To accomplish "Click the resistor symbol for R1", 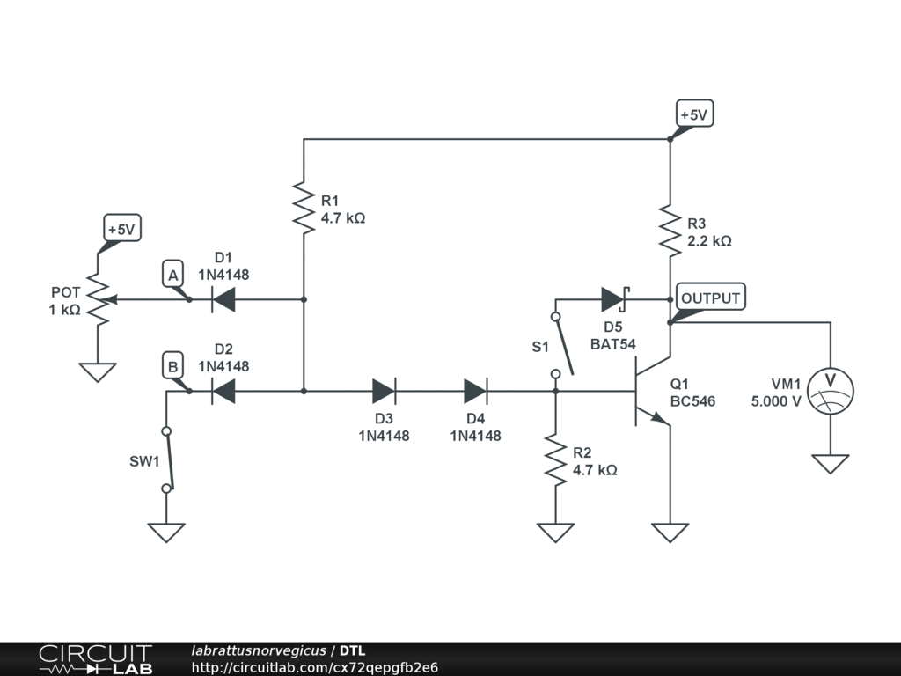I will pyautogui.click(x=304, y=209).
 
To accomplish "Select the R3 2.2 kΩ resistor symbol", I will pyautogui.click(x=670, y=231).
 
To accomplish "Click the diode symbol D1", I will pyautogui.click(x=223, y=300).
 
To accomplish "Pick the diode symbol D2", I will pyautogui.click(x=223, y=391).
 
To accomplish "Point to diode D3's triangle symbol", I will pyautogui.click(x=384, y=391).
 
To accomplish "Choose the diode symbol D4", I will pyautogui.click(x=475, y=391).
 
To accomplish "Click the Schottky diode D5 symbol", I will pyautogui.click(x=613, y=300).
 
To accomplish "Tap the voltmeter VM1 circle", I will pyautogui.click(x=831, y=390).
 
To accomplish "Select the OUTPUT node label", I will pyautogui.click(x=710, y=298).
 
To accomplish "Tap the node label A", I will pyautogui.click(x=173, y=276).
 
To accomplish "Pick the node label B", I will pyautogui.click(x=173, y=365).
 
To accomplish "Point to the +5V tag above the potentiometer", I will pyautogui.click(x=121, y=230).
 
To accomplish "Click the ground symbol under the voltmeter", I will pyautogui.click(x=831, y=463).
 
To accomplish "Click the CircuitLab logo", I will pyautogui.click(x=94, y=658).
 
